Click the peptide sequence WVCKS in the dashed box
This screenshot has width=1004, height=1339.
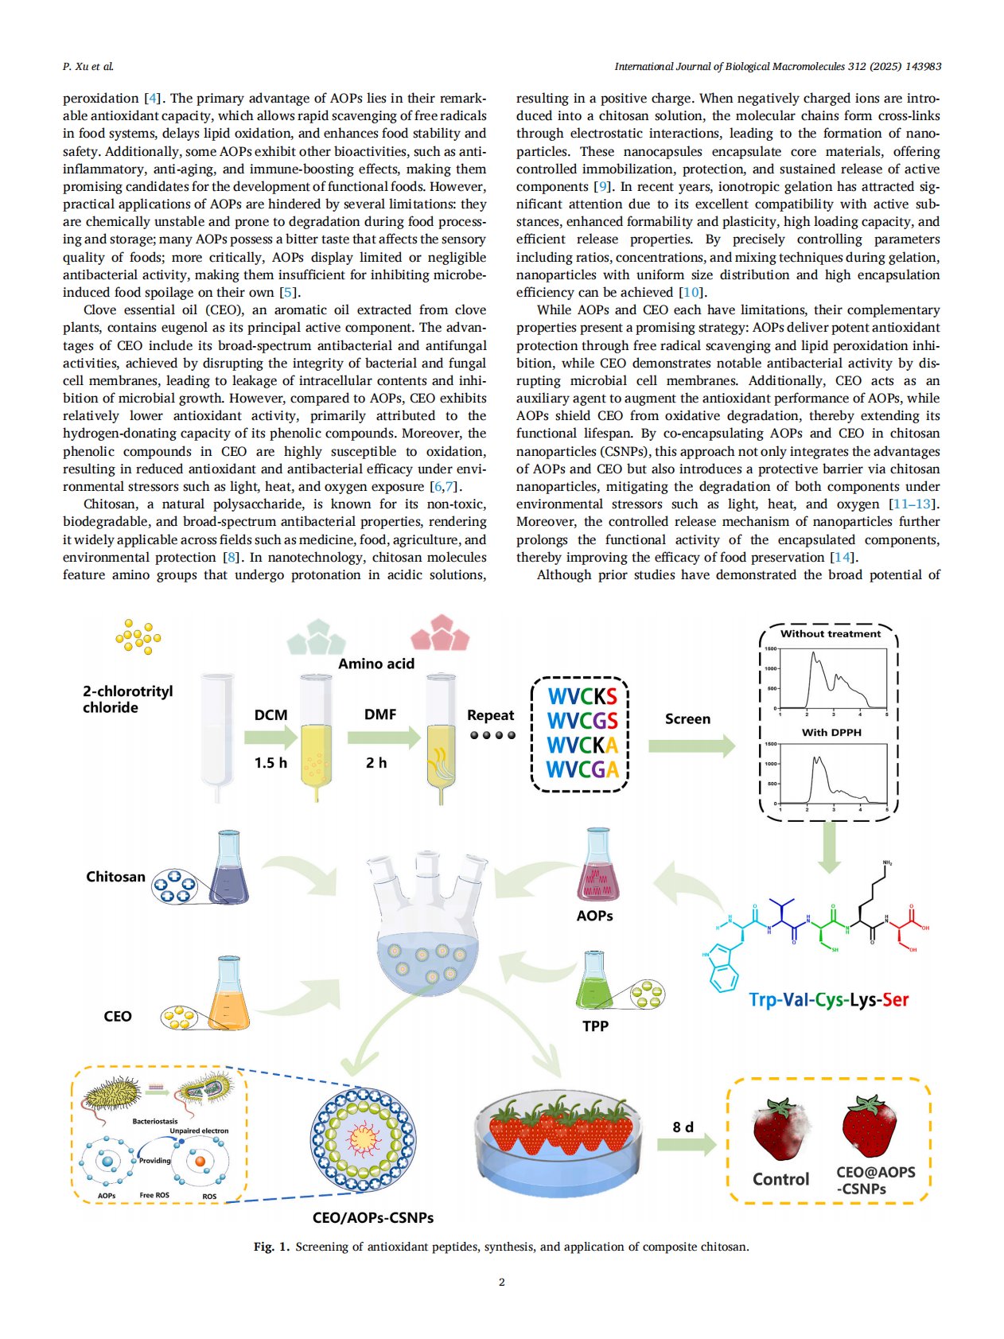pyautogui.click(x=582, y=696)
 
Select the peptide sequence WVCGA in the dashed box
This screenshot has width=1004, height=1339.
pyautogui.click(x=582, y=769)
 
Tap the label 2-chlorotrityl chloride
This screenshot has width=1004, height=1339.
pyautogui.click(x=127, y=699)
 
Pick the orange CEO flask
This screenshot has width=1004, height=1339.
pyautogui.click(x=228, y=995)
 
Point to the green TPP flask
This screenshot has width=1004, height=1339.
pyautogui.click(x=595, y=980)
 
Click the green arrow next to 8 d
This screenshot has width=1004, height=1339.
pyautogui.click(x=686, y=1145)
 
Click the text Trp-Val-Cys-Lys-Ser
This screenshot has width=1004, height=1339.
pyautogui.click(x=828, y=1000)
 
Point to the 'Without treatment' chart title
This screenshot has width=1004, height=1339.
pyautogui.click(x=830, y=634)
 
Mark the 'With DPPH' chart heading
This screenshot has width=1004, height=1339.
pyautogui.click(x=831, y=732)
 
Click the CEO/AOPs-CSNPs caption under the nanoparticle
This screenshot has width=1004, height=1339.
pyautogui.click(x=372, y=1217)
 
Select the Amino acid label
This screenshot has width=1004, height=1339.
pyautogui.click(x=376, y=664)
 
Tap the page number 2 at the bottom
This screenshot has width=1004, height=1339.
pyautogui.click(x=502, y=1282)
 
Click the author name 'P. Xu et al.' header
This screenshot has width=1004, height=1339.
pyautogui.click(x=88, y=66)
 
